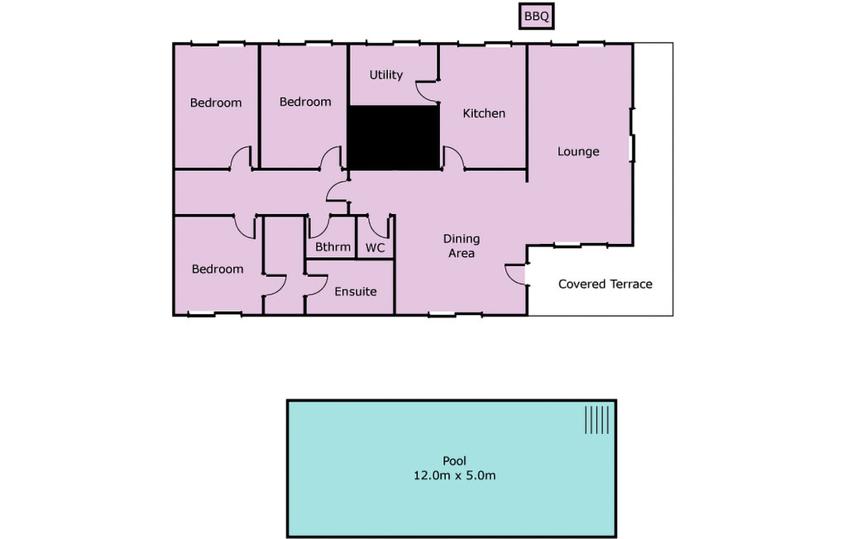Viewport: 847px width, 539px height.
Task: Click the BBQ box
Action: click(x=536, y=17)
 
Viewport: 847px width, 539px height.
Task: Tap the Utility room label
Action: click(x=385, y=75)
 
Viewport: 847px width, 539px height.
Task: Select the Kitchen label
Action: click(x=484, y=113)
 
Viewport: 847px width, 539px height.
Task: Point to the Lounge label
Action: click(x=578, y=152)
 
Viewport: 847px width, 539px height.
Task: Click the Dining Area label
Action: click(x=462, y=246)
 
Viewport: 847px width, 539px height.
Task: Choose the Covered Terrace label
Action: click(x=605, y=284)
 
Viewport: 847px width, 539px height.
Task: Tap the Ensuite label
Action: click(x=356, y=292)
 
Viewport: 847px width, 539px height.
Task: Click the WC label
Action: click(x=375, y=248)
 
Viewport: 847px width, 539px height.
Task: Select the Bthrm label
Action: click(x=333, y=247)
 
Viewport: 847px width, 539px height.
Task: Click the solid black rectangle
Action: click(x=393, y=138)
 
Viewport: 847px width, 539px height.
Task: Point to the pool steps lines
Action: click(x=597, y=420)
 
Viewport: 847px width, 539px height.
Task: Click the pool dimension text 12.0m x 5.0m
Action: click(x=454, y=476)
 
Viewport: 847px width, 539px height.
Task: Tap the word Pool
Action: click(x=454, y=460)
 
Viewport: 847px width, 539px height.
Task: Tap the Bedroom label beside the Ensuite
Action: click(x=218, y=269)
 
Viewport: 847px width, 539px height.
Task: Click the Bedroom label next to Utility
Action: click(x=305, y=102)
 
